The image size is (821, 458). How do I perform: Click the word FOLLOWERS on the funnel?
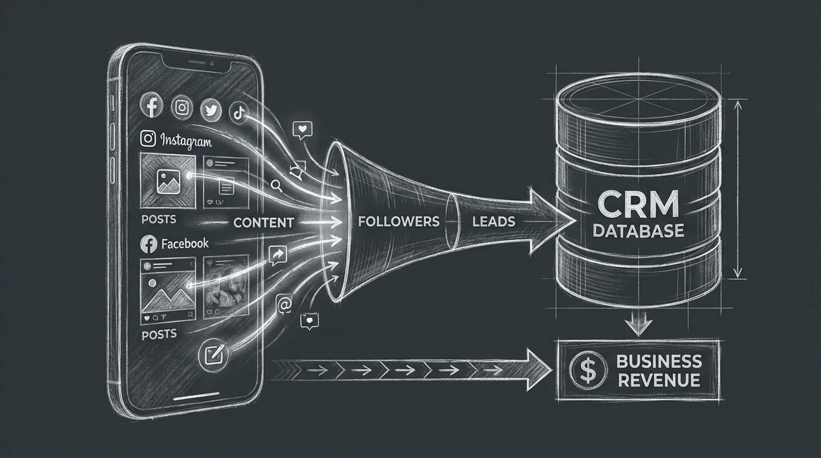pos(399,221)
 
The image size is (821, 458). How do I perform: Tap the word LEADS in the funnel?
pos(493,221)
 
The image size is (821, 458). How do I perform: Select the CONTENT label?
pos(264,222)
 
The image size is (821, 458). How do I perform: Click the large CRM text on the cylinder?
pos(638,205)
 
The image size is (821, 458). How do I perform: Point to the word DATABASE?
pos(638,230)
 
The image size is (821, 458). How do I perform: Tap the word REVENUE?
pos(659,380)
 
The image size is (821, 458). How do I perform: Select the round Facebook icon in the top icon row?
pos(152,105)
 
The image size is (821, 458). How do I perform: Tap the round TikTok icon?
pos(239,113)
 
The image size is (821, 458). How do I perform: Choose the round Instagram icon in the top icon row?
pos(182,107)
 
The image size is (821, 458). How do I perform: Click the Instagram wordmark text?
pos(186,141)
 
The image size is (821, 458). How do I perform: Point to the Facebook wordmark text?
pos(185,244)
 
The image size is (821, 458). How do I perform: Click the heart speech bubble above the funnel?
pos(303,130)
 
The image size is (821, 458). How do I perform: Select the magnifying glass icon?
pos(276,186)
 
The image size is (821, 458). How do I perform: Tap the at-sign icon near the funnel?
pos(284,305)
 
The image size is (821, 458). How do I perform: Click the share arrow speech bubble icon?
pos(277,255)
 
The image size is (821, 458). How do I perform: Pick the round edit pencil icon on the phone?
pos(214,355)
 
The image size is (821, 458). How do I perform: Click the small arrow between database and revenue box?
pos(638,324)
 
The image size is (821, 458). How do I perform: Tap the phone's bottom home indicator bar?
pos(196,397)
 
